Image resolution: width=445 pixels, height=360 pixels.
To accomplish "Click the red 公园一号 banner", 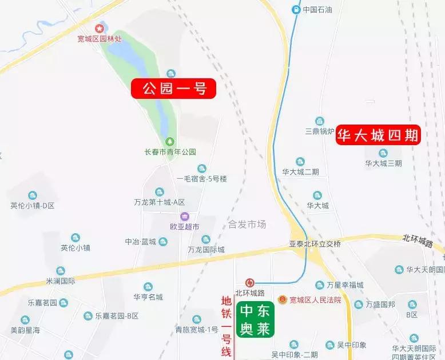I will pos(174,89).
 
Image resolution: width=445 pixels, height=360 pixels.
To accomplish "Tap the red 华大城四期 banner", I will pos(378,135).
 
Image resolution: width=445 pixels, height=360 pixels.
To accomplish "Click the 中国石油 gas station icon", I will pos(296,9).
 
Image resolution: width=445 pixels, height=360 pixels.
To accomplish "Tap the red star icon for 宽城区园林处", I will pos(100,28).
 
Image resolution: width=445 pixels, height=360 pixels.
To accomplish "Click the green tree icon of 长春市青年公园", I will pos(170,141).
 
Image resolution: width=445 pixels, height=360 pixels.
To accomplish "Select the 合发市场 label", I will pos(247,224).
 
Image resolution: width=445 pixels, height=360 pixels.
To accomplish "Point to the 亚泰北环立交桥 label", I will pos(315,244).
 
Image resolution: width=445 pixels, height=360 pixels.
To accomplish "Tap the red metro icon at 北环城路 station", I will pos(249,282).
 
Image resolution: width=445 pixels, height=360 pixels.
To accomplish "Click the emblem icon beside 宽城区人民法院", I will pos(282,299).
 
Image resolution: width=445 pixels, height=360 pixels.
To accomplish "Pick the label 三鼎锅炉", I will pos(319,131).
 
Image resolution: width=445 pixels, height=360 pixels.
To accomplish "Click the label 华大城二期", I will pos(300,171).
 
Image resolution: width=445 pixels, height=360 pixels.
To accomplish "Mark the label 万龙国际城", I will pos(206,250).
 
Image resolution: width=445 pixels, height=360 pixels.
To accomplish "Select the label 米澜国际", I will pos(61,281).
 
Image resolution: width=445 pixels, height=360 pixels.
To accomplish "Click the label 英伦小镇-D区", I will pos(32,205).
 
